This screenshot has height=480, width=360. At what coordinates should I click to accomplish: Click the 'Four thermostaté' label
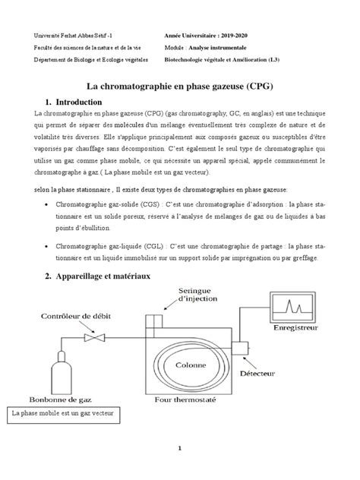[x=187, y=400]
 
